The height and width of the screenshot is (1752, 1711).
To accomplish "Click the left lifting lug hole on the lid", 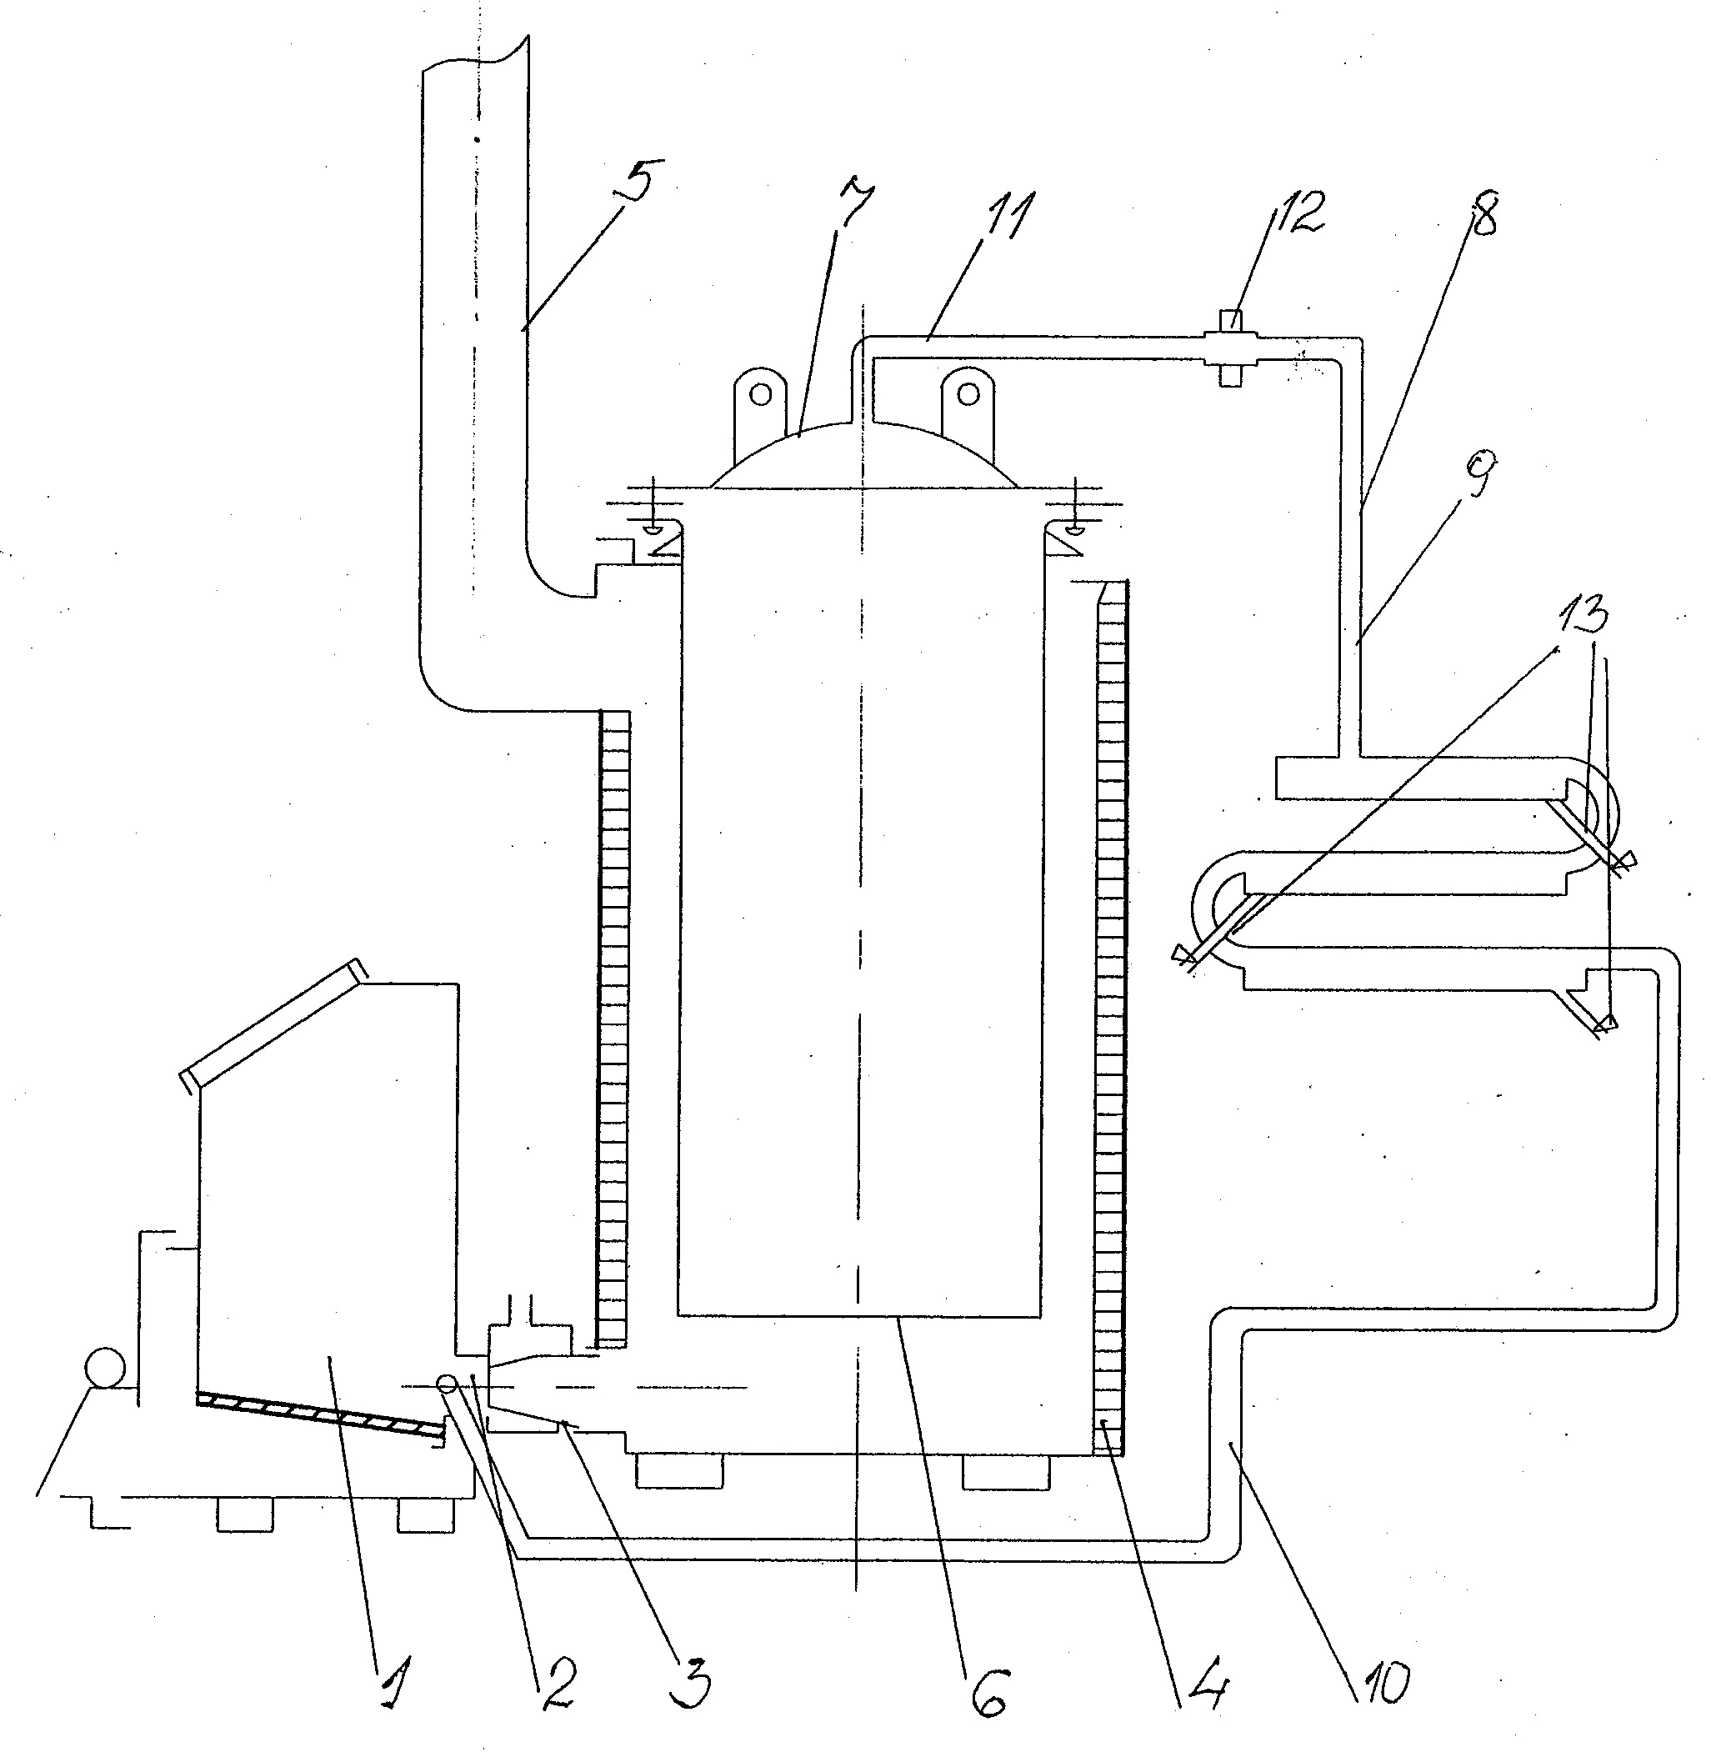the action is pos(761,393).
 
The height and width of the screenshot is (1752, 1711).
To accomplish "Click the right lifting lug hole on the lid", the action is pos(968,393).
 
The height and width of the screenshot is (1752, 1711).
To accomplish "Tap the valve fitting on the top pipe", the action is pos(1233,348).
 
